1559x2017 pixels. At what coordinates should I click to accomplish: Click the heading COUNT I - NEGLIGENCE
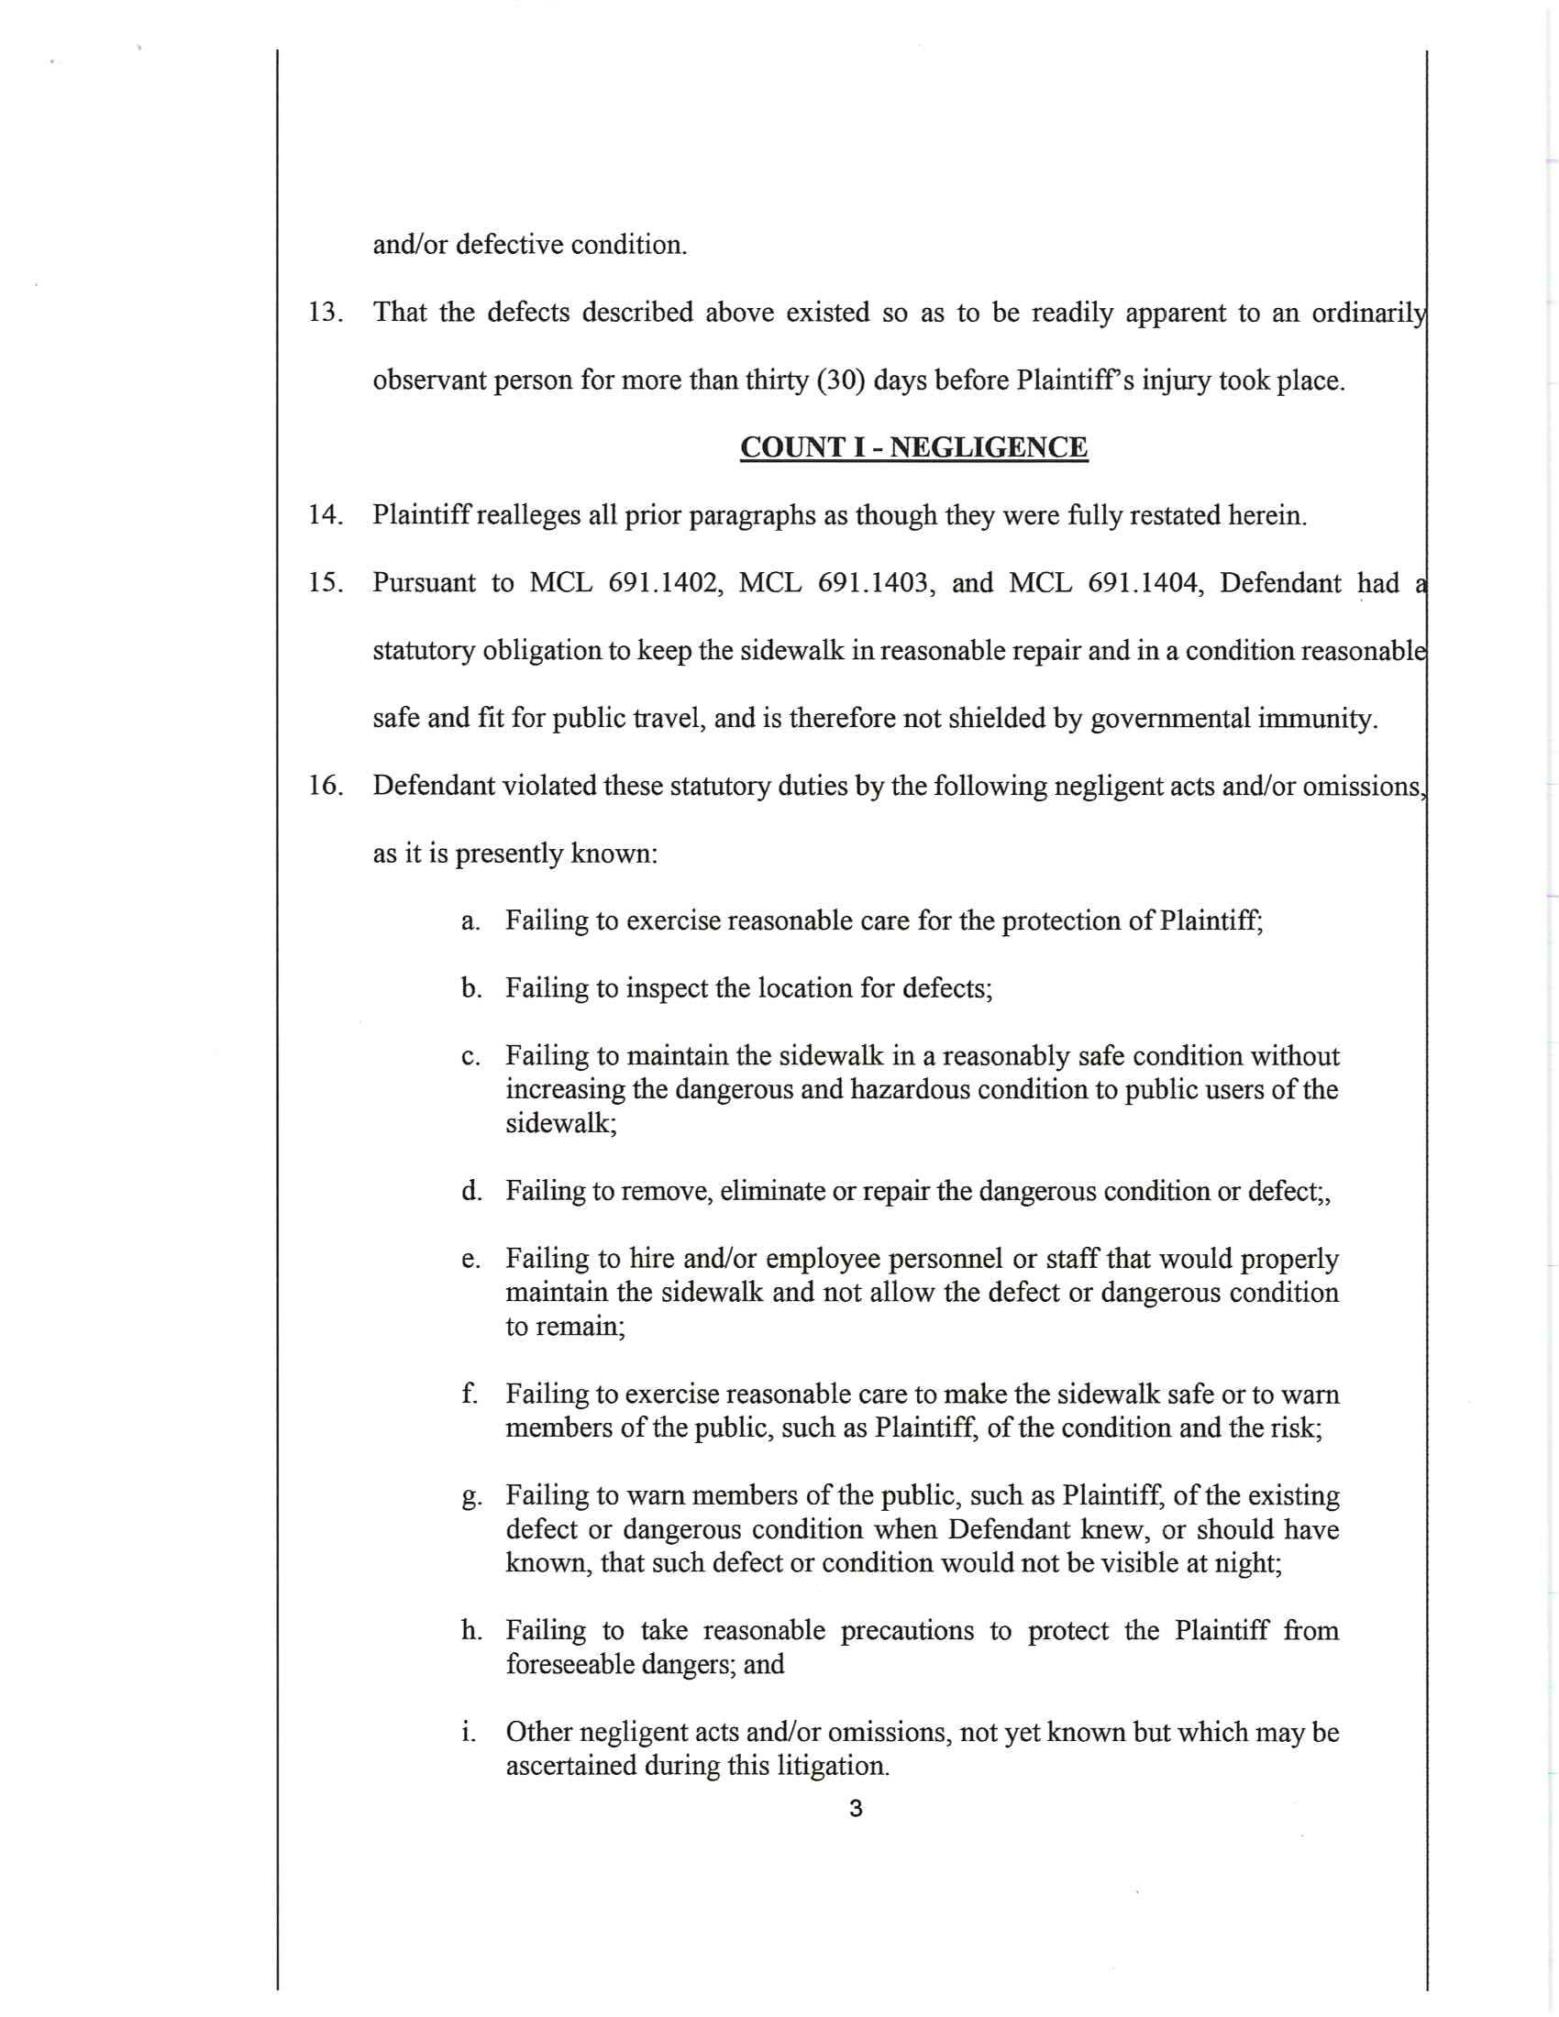(x=913, y=447)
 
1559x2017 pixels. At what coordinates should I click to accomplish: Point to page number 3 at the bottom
(x=856, y=1808)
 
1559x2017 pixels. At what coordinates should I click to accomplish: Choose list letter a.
(x=471, y=920)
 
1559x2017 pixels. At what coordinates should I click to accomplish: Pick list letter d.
(x=471, y=1191)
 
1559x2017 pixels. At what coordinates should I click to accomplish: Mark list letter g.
(x=471, y=1496)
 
